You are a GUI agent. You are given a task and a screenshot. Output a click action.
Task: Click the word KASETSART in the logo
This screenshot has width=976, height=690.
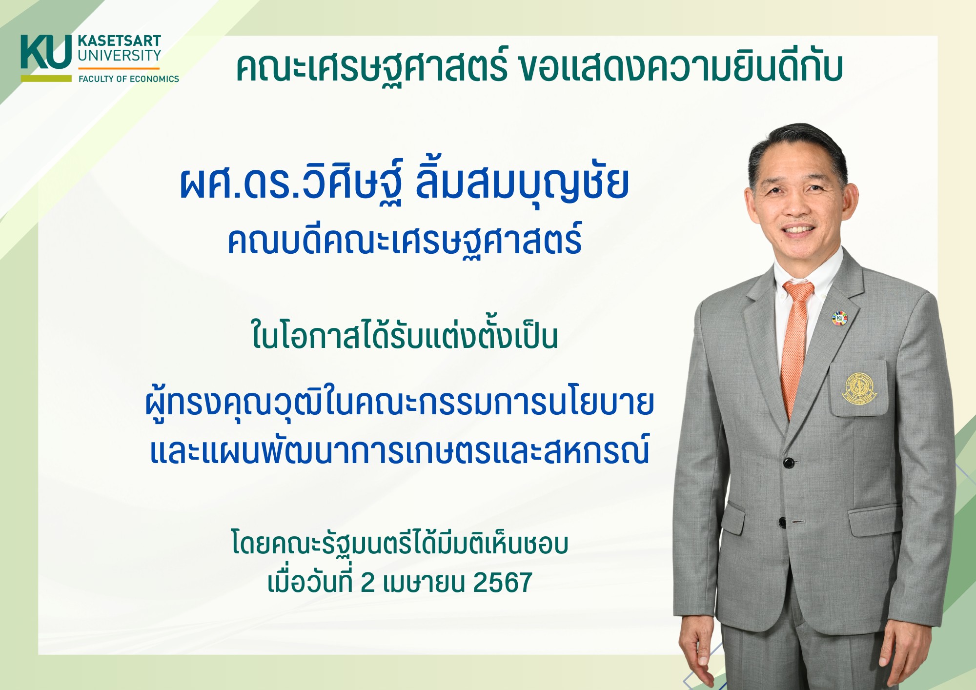(x=120, y=41)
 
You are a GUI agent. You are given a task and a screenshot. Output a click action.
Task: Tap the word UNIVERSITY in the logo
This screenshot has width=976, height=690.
(x=120, y=56)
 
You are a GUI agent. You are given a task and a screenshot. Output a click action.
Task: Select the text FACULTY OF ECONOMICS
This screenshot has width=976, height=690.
(x=129, y=79)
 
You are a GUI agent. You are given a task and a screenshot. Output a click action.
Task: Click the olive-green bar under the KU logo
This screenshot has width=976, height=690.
(x=46, y=78)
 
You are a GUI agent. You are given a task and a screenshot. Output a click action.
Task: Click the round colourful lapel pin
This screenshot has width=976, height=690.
(x=839, y=318)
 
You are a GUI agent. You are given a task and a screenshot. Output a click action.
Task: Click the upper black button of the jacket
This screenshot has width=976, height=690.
(x=788, y=462)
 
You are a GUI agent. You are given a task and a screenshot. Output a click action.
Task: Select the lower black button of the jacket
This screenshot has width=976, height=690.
(x=783, y=522)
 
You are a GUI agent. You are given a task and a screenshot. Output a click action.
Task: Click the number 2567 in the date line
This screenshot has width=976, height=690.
(x=502, y=583)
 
